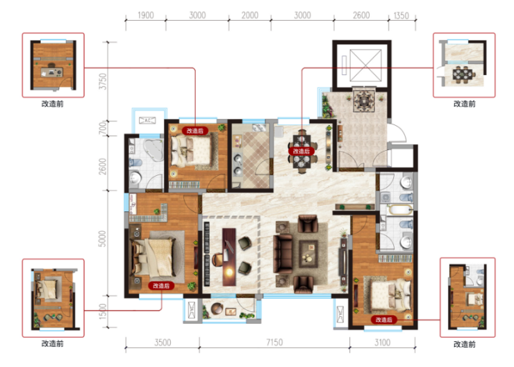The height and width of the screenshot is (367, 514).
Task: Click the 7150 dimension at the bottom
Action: [274, 343]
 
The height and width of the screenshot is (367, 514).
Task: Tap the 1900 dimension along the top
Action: [146, 15]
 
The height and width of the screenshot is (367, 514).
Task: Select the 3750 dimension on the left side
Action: [103, 81]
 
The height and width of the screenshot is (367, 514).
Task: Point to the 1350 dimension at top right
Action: [401, 16]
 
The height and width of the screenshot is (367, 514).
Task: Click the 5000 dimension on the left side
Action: [102, 239]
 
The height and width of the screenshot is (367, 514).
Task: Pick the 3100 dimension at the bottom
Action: [382, 343]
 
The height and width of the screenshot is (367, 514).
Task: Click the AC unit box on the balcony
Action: [147, 120]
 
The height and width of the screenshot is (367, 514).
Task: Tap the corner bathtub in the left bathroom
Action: [152, 150]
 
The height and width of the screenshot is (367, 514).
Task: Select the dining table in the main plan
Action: [301, 152]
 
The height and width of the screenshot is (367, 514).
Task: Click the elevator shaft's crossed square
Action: [365, 65]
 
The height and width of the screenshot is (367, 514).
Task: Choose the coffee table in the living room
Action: [308, 254]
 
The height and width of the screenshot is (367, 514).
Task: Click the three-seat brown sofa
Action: [283, 254]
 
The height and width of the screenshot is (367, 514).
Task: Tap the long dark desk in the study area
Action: [229, 256]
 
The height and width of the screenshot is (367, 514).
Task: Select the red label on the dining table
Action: [301, 152]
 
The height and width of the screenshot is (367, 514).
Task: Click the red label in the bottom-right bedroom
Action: [384, 320]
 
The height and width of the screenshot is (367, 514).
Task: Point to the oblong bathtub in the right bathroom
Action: [399, 210]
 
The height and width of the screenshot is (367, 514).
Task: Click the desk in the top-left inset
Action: [52, 72]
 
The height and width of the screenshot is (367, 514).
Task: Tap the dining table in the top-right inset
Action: [463, 74]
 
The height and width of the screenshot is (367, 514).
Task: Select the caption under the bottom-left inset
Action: [53, 343]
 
